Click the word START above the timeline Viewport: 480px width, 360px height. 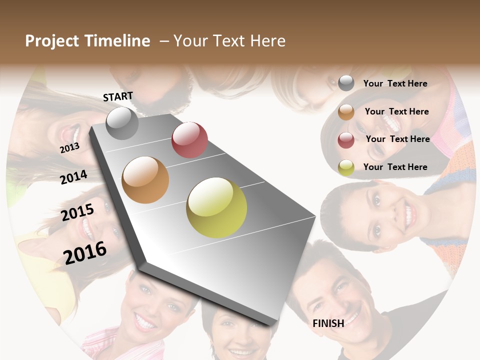(118, 96)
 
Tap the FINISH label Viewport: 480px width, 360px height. (328, 323)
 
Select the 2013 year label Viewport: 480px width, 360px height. (70, 147)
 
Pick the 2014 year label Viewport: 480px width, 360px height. (74, 177)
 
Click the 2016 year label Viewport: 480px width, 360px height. (85, 252)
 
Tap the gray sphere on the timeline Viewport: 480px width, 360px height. (122, 123)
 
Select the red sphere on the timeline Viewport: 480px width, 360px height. (189, 140)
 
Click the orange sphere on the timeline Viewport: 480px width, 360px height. (145, 180)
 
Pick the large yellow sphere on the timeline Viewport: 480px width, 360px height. (216, 207)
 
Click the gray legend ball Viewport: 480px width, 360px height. (346, 83)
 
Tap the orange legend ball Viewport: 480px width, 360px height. (346, 112)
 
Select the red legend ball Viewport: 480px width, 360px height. (346, 140)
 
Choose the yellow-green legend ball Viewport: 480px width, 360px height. (346, 167)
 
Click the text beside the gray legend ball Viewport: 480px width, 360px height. (395, 83)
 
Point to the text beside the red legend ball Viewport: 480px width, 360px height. (397, 139)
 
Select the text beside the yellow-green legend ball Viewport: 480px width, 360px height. (395, 167)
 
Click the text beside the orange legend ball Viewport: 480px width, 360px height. (396, 111)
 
